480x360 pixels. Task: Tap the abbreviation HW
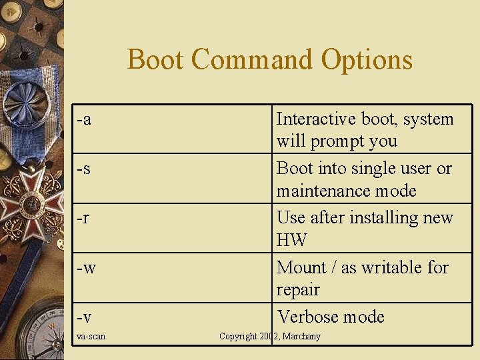(x=291, y=241)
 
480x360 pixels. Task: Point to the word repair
(x=298, y=290)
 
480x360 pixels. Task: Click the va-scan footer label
(x=91, y=336)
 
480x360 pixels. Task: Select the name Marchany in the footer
(x=301, y=336)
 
